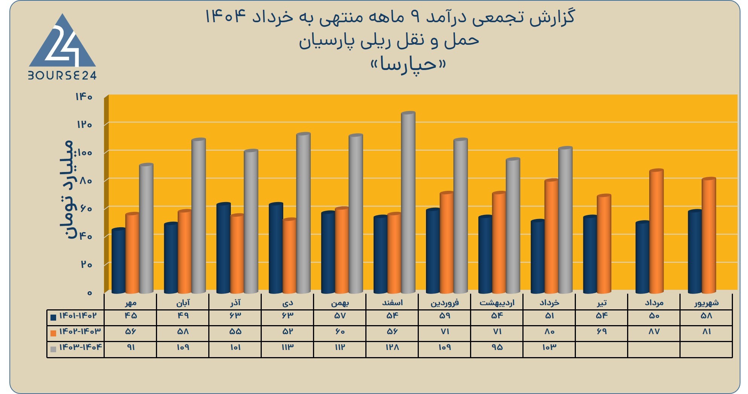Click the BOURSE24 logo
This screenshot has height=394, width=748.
tap(63, 47)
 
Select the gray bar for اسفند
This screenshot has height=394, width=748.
tap(408, 202)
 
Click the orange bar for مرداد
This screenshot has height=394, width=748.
tap(656, 231)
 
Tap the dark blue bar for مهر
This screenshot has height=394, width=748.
tap(119, 261)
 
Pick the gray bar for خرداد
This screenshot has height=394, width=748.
tap(565, 220)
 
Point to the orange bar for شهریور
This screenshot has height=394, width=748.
tap(709, 235)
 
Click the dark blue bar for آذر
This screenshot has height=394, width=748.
tap(223, 248)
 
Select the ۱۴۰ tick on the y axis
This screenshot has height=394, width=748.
tap(84, 97)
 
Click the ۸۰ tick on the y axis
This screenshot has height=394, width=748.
tap(86, 181)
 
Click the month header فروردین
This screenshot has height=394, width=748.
tap(444, 303)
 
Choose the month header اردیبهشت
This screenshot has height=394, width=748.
tap(497, 303)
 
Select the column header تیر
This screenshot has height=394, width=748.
tap(601, 303)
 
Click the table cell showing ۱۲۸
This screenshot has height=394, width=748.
tap(392, 347)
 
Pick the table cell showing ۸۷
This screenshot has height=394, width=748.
tap(654, 332)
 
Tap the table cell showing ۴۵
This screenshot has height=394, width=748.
tap(130, 316)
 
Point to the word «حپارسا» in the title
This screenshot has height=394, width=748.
tap(408, 64)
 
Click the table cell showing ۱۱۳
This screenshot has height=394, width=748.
tap(287, 347)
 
